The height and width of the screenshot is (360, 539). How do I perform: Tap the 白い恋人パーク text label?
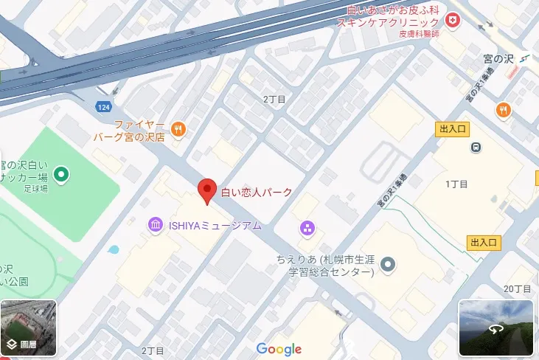[257, 193]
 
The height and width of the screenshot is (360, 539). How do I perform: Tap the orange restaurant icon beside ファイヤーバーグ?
[178, 130]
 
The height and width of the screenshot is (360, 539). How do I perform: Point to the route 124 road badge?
[104, 108]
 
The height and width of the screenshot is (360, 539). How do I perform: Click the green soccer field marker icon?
[63, 175]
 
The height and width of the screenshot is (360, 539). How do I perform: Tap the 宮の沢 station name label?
[498, 58]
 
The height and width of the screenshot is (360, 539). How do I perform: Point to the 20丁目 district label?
[518, 288]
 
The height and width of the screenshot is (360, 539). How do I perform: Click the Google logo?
[279, 349]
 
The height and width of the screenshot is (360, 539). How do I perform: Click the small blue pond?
[113, 249]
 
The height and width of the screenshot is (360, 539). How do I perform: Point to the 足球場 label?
[35, 189]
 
